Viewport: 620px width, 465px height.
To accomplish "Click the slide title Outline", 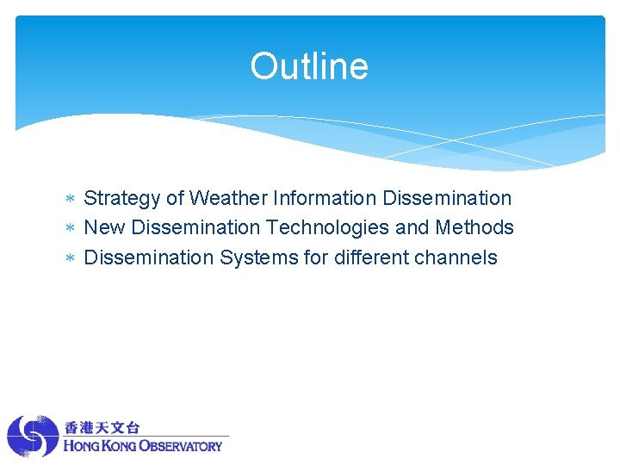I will [309, 66].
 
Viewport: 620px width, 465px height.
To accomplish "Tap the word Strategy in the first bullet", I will [122, 199].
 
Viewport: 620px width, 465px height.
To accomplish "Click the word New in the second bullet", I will [104, 227].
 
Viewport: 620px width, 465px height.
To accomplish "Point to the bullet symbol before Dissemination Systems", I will [72, 258].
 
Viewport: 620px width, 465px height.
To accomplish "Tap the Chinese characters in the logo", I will [102, 427].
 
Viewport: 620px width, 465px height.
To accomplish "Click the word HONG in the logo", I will [81, 446].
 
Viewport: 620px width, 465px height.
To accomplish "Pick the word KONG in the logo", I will [119, 446].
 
